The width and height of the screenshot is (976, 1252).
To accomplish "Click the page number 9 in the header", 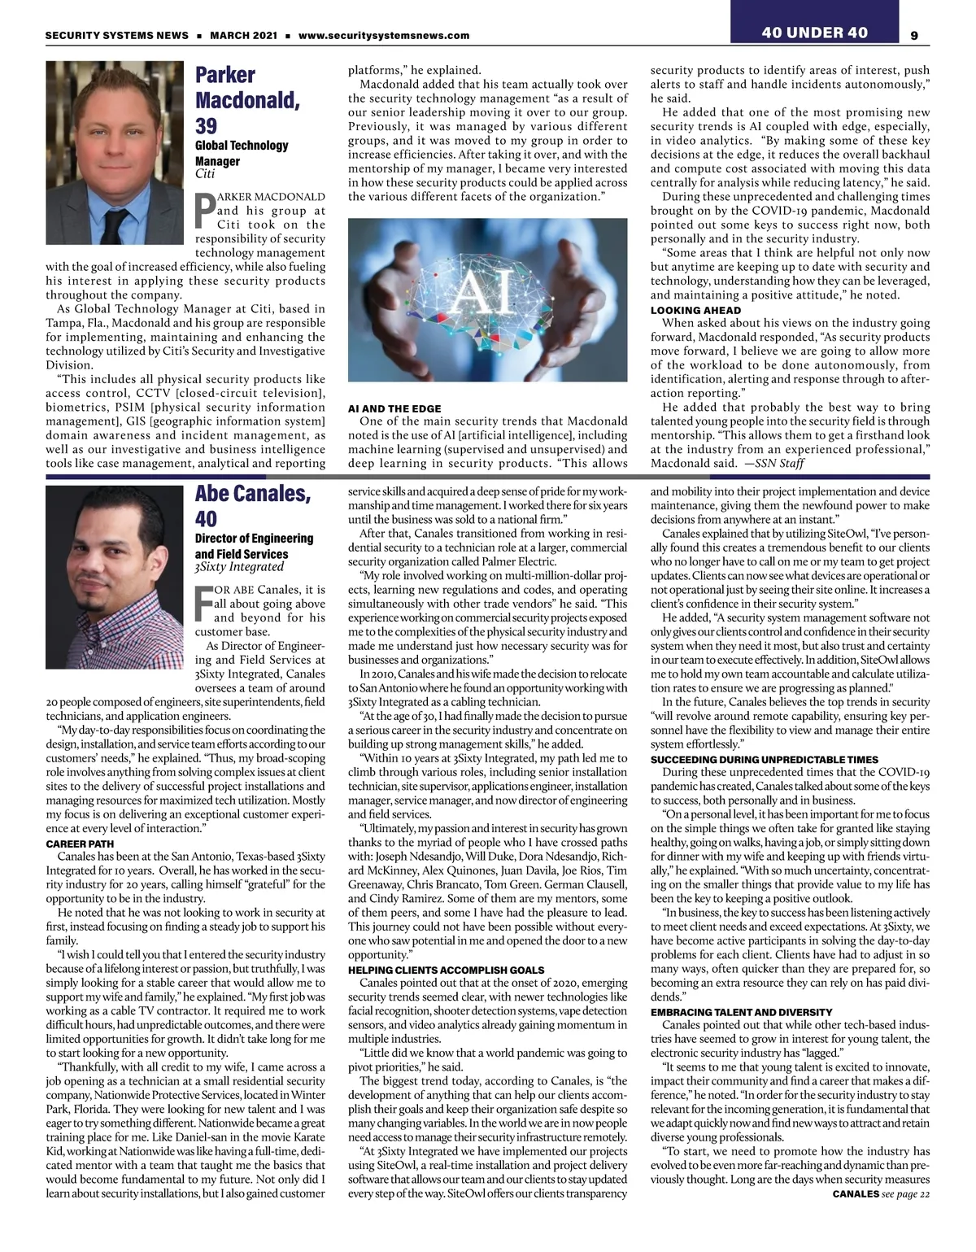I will pyautogui.click(x=914, y=35).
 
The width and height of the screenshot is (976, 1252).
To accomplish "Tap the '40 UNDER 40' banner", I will pyautogui.click(x=814, y=33).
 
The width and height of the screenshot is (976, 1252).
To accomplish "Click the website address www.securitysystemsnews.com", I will pyautogui.click(x=384, y=36).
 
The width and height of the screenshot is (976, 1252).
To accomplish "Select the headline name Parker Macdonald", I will pyautogui.click(x=247, y=88).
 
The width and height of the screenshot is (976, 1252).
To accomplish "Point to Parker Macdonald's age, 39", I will pyautogui.click(x=206, y=126).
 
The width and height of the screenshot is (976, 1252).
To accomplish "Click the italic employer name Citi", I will pyautogui.click(x=205, y=173).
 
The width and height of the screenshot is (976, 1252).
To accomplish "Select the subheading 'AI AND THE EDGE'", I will pyautogui.click(x=394, y=408).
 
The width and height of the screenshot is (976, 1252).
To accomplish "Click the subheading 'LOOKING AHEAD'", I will pyautogui.click(x=695, y=310).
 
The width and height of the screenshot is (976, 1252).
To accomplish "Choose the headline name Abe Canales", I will pyautogui.click(x=252, y=494).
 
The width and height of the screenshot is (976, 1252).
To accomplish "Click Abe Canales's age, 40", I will pyautogui.click(x=206, y=519).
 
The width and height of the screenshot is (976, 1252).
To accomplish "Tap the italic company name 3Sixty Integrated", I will pyautogui.click(x=239, y=567).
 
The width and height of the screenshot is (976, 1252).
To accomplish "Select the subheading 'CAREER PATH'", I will pyautogui.click(x=80, y=844).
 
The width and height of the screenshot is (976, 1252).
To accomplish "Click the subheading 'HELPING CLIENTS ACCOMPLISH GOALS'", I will pyautogui.click(x=446, y=970).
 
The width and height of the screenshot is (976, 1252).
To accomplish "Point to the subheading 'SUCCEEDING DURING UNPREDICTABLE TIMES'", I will pyautogui.click(x=764, y=759).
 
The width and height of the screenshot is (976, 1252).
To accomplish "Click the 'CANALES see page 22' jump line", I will pyautogui.click(x=880, y=1194).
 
